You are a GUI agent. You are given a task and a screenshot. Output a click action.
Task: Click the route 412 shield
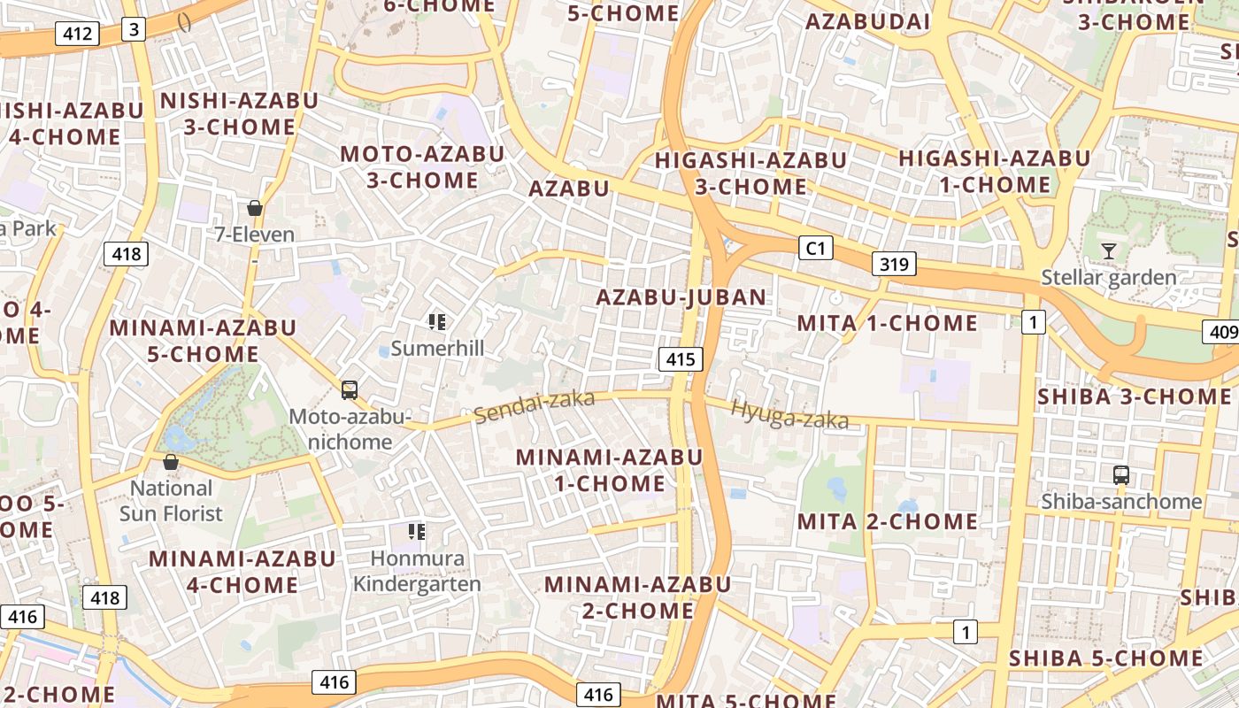pyautogui.click(x=77, y=35)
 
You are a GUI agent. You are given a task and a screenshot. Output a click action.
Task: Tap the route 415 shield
pyautogui.click(x=680, y=359)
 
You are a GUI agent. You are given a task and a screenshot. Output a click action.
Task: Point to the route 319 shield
pyautogui.click(x=894, y=264)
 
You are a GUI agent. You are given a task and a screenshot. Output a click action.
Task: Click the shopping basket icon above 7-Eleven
pyautogui.click(x=255, y=208)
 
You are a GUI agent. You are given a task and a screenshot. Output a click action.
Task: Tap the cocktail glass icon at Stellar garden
pyautogui.click(x=1108, y=251)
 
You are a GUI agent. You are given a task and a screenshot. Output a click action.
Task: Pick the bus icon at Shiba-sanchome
pyautogui.click(x=1121, y=475)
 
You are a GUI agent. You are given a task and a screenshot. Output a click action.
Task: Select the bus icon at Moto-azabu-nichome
pyautogui.click(x=350, y=389)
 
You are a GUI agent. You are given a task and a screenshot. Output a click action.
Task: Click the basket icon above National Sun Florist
pyautogui.click(x=171, y=462)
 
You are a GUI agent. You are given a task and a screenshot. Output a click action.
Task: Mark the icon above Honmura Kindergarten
pyautogui.click(x=416, y=532)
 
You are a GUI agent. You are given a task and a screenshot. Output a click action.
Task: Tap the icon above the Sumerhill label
pyautogui.click(x=436, y=322)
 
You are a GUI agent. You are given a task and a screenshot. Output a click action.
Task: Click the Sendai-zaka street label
pyautogui.click(x=535, y=406)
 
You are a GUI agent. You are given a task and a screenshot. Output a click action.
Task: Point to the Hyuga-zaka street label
pyautogui.click(x=789, y=414)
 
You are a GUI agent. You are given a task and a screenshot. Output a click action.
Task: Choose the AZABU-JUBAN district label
pyautogui.click(x=681, y=297)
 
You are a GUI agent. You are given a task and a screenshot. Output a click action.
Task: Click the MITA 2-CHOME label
pyautogui.click(x=888, y=522)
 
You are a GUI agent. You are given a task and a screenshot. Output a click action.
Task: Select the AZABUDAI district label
pyautogui.click(x=868, y=22)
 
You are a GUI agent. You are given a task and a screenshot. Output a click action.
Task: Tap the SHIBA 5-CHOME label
pyautogui.click(x=1105, y=659)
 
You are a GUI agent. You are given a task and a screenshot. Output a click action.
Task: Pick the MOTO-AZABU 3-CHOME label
pyautogui.click(x=422, y=167)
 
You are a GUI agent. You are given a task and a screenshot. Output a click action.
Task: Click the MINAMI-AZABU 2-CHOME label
pyautogui.click(x=637, y=597)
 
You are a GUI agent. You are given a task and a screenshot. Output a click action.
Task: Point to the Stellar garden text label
pyautogui.click(x=1108, y=278)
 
